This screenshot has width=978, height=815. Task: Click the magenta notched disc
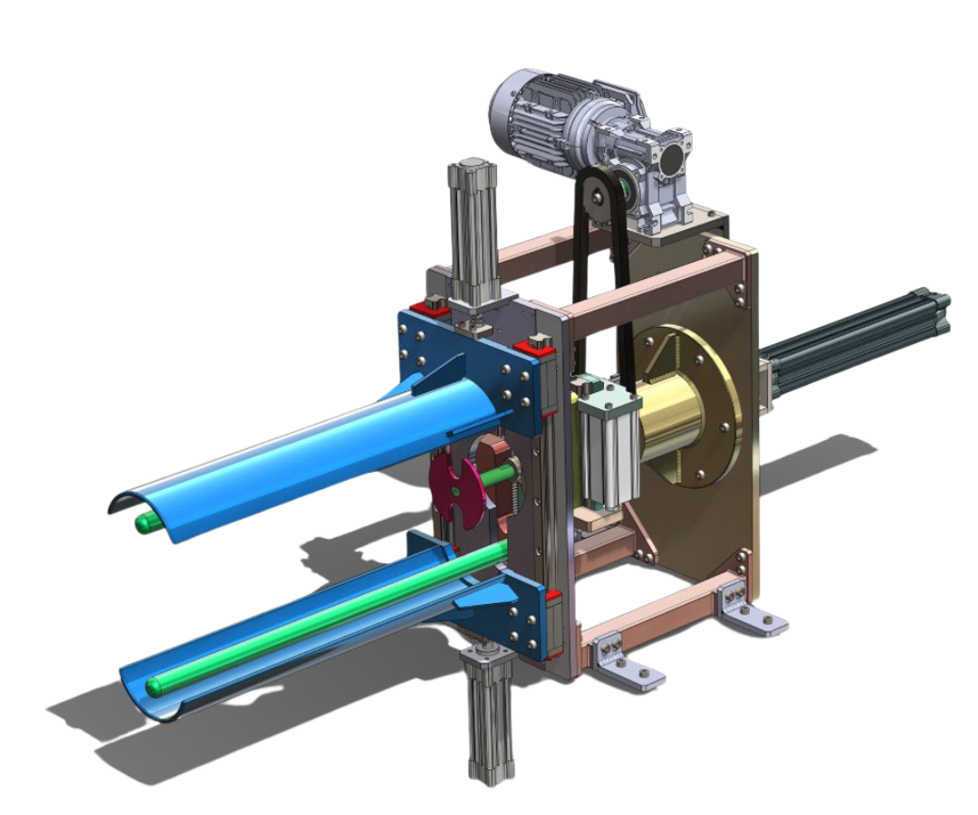(458, 484)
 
